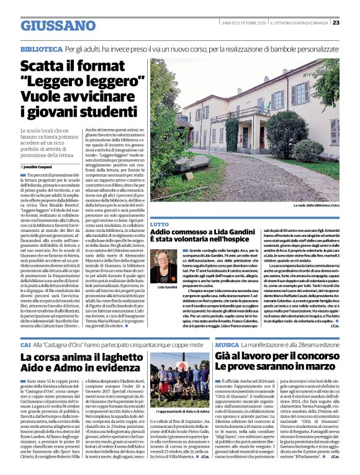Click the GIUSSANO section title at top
pos(58,25)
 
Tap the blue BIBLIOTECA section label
pos(40,48)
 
